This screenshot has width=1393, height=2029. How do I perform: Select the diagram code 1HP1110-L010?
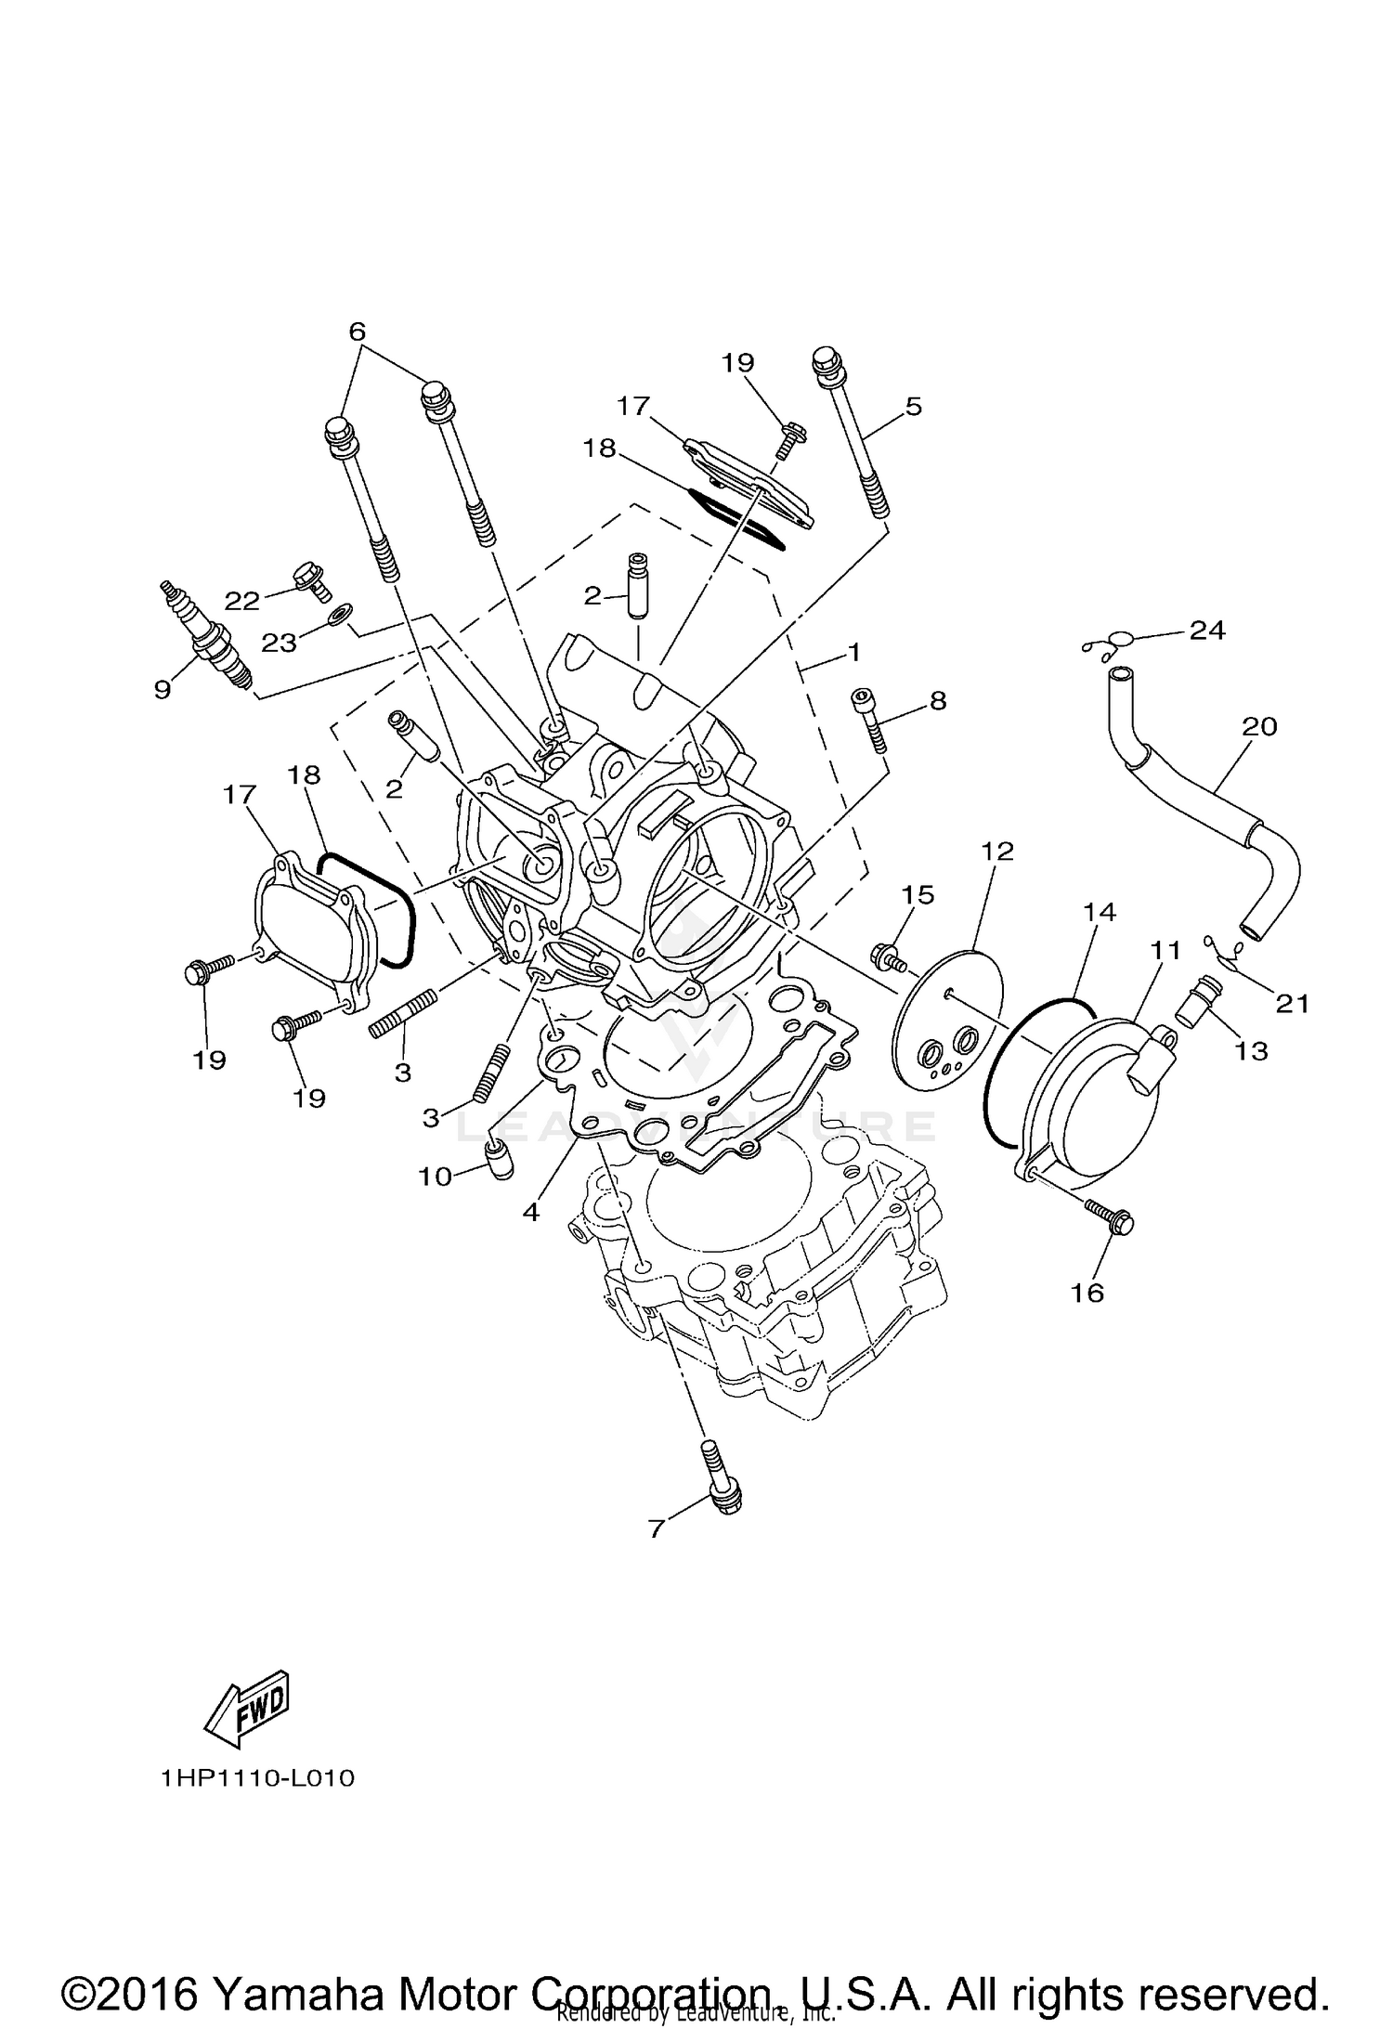257,1778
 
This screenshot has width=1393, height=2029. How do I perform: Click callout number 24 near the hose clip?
1206,631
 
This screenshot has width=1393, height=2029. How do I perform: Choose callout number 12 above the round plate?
997,851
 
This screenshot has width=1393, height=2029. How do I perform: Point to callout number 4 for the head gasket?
530,1212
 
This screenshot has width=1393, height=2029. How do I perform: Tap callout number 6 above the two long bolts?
358,332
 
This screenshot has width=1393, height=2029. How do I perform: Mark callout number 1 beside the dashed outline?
852,653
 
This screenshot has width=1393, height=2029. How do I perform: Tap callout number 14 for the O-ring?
1099,912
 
